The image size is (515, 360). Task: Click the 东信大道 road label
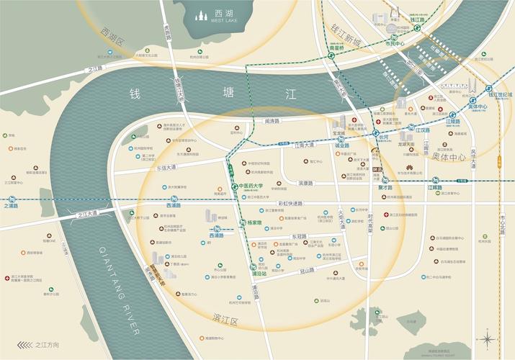[166, 167]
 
